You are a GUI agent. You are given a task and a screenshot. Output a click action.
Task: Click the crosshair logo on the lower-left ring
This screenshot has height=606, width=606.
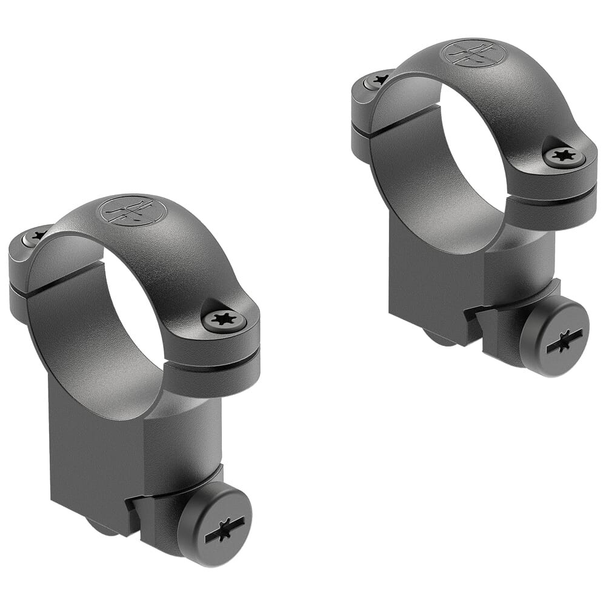point(132,211)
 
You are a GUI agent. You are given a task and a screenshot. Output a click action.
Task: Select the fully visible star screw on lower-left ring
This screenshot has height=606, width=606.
point(224,319)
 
